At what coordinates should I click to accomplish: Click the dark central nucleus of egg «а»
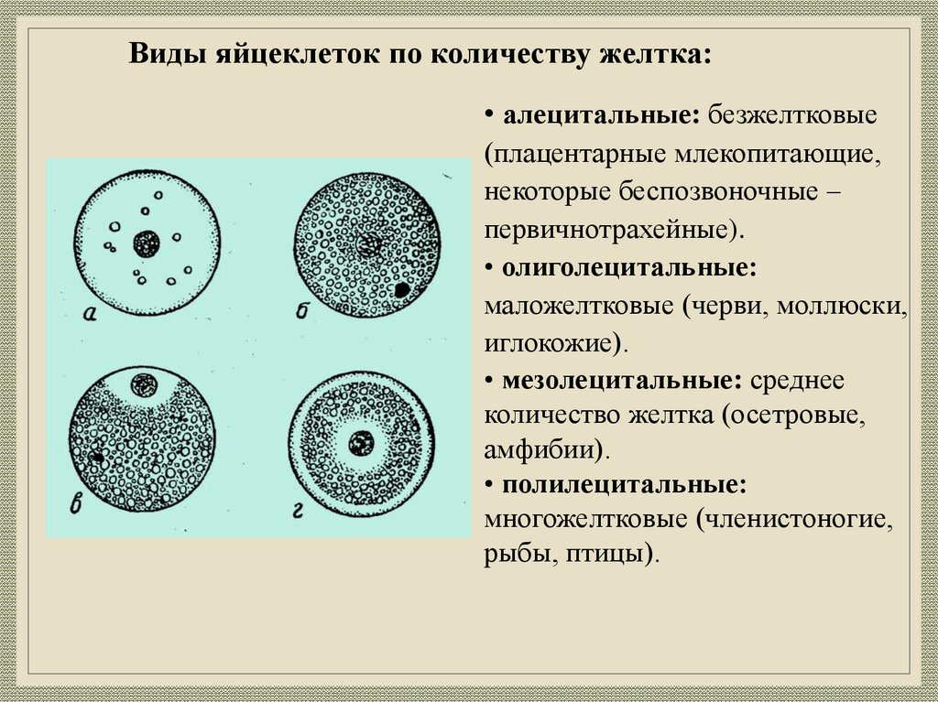(147, 243)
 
